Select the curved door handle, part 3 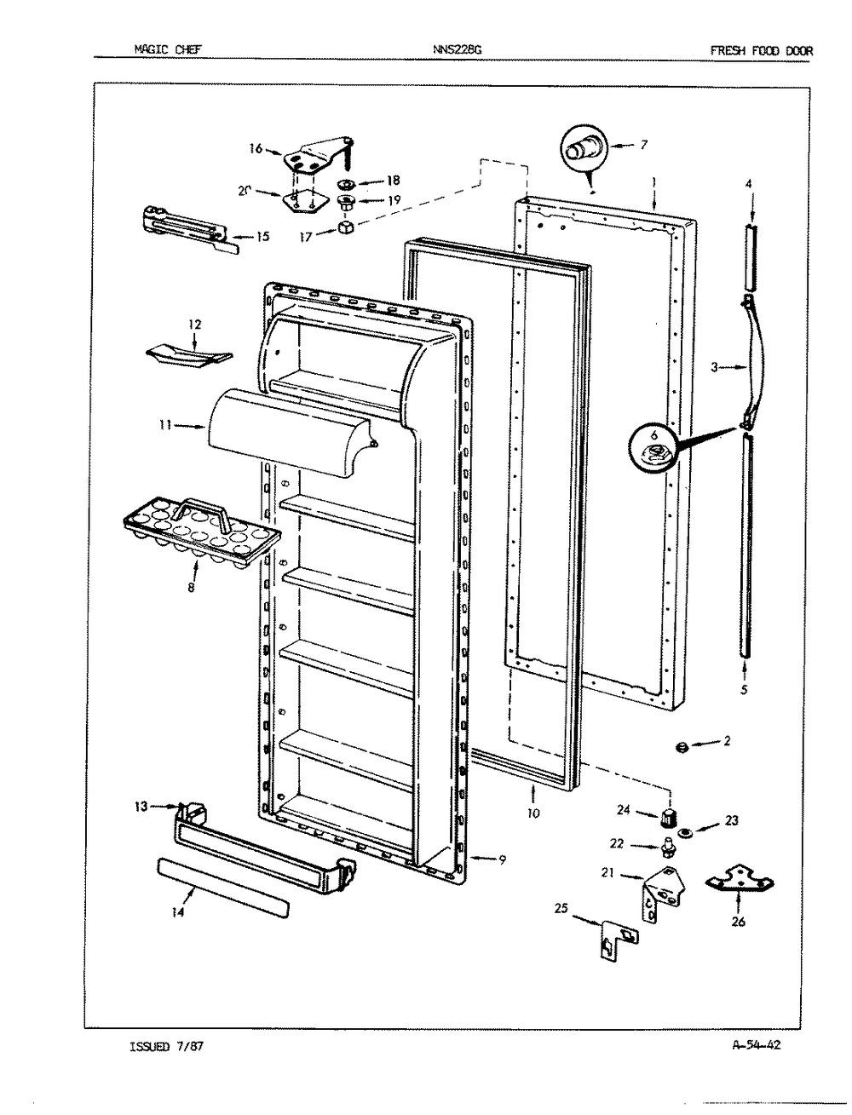(x=753, y=363)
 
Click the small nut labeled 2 (x=682, y=746)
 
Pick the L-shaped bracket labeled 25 (x=619, y=940)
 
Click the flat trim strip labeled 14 (x=223, y=888)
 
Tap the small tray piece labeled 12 (x=189, y=357)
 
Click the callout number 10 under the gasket (x=533, y=813)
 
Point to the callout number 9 (x=502, y=860)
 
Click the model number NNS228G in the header (x=457, y=49)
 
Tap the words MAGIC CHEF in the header (x=168, y=49)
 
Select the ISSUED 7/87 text (x=167, y=1046)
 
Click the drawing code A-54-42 (x=756, y=1044)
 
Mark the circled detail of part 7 (x=584, y=149)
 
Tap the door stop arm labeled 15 (x=191, y=230)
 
